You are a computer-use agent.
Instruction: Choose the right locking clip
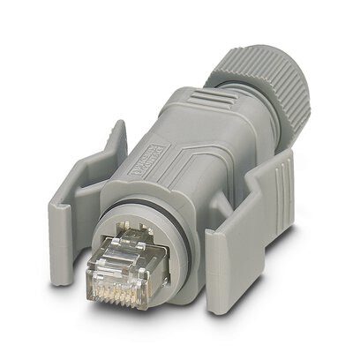[256, 238]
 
